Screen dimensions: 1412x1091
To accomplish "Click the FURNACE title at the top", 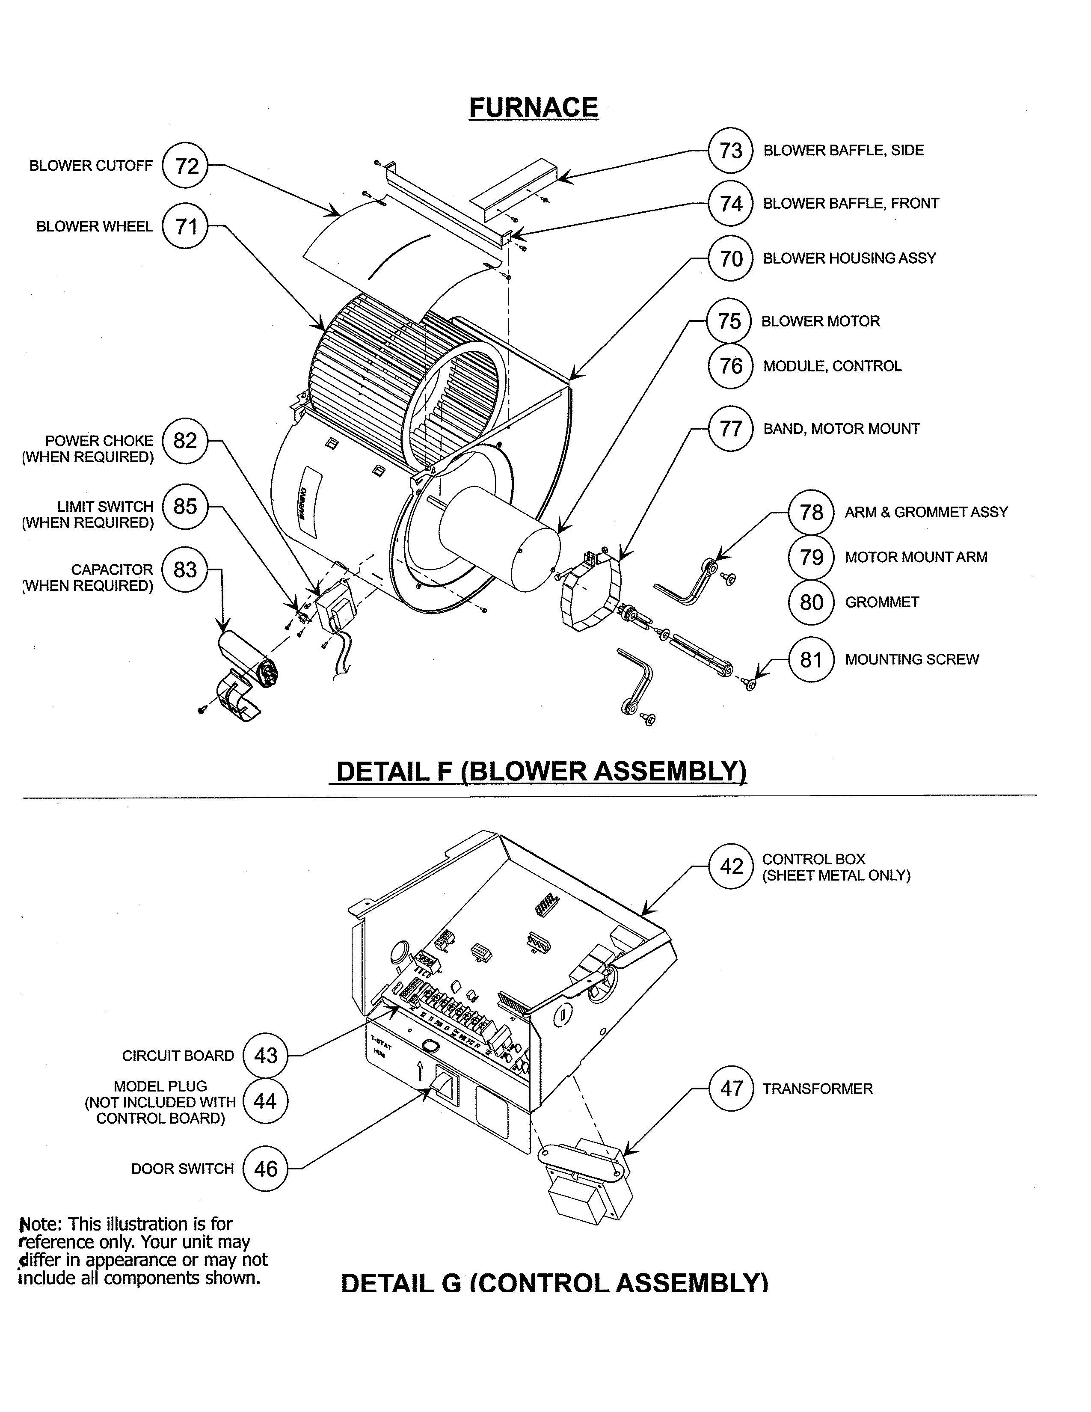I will [533, 107].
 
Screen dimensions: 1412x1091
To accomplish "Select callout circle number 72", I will [186, 166].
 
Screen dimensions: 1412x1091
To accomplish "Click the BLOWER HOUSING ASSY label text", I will [849, 258].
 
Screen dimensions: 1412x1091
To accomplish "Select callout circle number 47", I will [731, 1089].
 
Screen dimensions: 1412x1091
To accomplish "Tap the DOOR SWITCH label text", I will [182, 1169].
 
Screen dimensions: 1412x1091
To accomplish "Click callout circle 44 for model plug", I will [265, 1101].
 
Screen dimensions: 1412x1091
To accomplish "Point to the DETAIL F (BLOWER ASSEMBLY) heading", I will [541, 771].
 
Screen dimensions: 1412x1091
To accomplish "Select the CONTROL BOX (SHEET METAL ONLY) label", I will [836, 867].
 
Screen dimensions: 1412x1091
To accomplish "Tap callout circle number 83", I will [185, 570].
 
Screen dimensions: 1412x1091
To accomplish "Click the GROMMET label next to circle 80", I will [882, 602].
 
